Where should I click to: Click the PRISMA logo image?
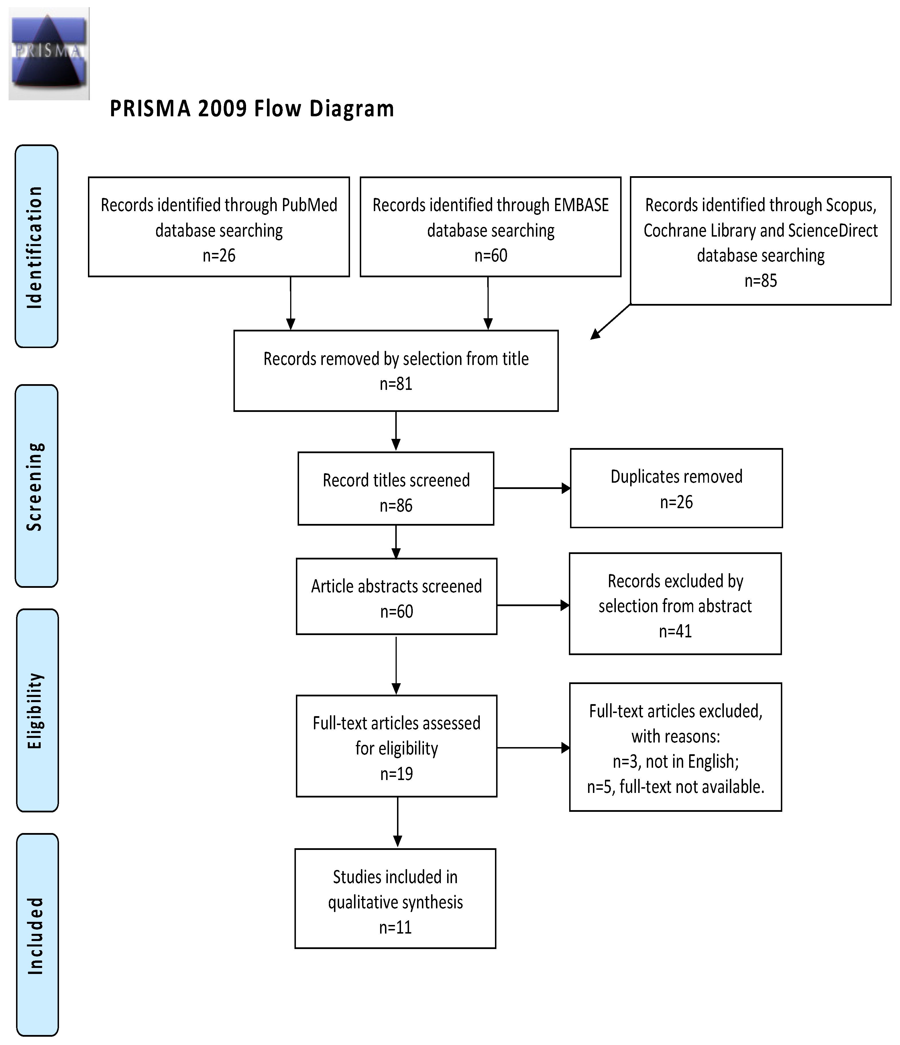[x=49, y=54]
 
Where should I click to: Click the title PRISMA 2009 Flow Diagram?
[x=251, y=109]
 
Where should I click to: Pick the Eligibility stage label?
[x=36, y=710]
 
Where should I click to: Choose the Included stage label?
[x=36, y=934]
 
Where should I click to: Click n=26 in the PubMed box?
[x=219, y=256]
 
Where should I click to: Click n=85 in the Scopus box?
[x=760, y=281]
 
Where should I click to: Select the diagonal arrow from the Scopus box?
[x=610, y=322]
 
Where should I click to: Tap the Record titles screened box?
[x=396, y=488]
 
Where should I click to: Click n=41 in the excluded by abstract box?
[x=675, y=631]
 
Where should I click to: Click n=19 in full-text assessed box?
[x=396, y=774]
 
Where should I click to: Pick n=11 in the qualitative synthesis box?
[x=395, y=927]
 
